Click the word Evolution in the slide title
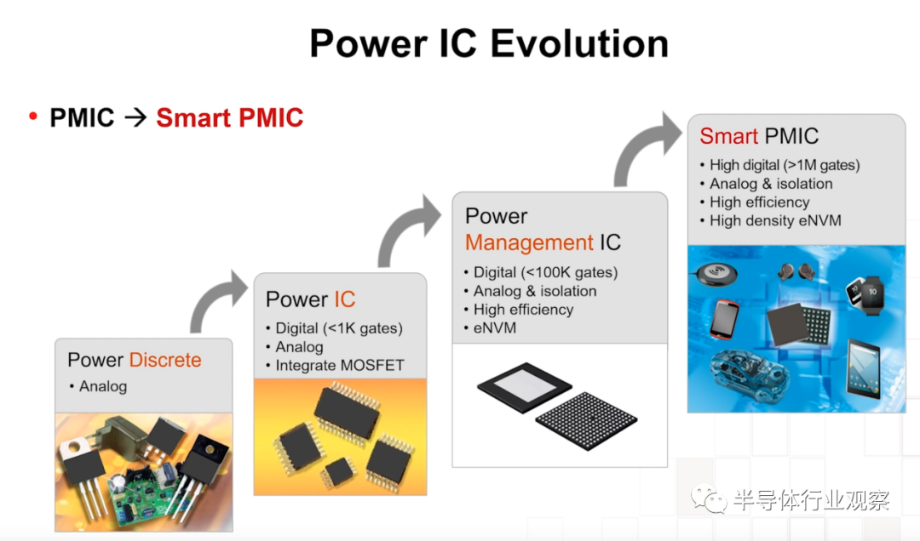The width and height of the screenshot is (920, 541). [x=579, y=43]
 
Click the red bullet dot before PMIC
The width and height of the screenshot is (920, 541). [x=33, y=116]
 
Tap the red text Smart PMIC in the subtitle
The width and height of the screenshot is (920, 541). [x=229, y=118]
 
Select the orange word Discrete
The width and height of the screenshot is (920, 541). [x=165, y=359]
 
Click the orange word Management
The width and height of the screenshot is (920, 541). [x=529, y=242]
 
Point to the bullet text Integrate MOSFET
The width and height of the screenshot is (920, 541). [x=340, y=365]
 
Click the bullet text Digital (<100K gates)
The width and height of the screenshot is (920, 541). [x=546, y=272]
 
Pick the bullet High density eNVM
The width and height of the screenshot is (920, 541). [x=775, y=220]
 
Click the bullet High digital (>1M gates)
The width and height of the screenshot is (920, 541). [x=785, y=165]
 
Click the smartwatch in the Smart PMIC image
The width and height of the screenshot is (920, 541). [x=865, y=295]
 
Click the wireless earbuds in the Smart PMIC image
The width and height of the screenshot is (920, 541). [x=796, y=271]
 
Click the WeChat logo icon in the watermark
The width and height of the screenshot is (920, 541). [x=708, y=498]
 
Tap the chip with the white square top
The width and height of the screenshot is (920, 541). [x=524, y=387]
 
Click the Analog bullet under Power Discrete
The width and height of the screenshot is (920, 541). [x=103, y=386]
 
